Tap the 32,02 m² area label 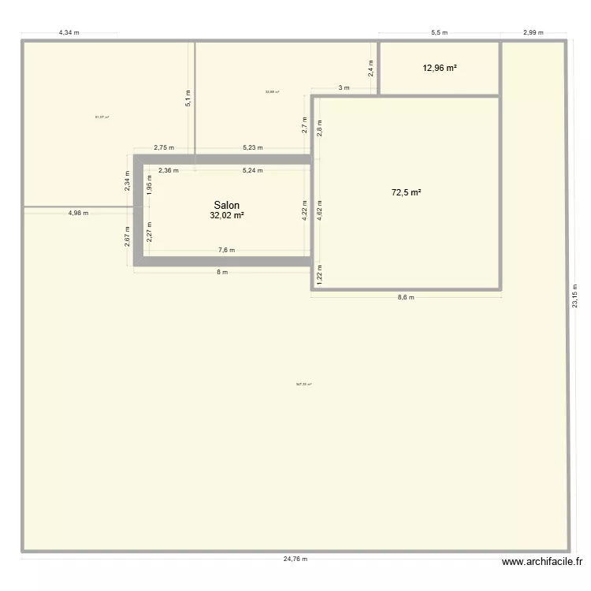coord(226,215)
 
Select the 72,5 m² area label coord(407,191)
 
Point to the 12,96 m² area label coord(440,68)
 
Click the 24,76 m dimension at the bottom coord(295,559)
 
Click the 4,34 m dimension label coord(69,33)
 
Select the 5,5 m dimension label coord(439,33)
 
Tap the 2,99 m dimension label coord(533,33)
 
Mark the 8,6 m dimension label coord(406,298)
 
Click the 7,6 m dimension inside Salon coord(226,251)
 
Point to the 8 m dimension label coord(222,273)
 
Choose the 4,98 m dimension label coord(78,213)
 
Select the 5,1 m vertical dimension coord(188,98)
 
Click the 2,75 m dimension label coord(164,147)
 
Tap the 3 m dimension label coord(344,87)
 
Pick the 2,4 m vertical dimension coord(371,69)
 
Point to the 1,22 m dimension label coord(319,273)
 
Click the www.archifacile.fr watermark coord(541,562)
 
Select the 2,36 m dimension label coord(168,169)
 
